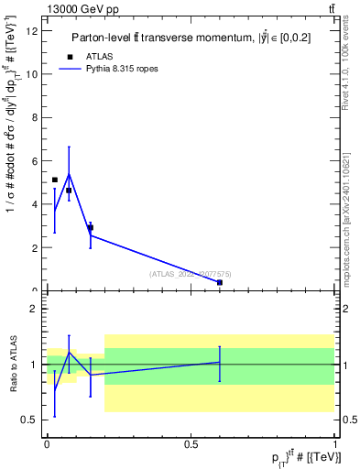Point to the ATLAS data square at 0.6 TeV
[220, 283]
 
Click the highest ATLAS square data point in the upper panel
[55, 180]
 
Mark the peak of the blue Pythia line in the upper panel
[69, 173]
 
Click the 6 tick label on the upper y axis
[36, 161]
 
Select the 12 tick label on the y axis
[33, 31]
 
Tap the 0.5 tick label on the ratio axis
[30, 420]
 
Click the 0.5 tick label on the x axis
[191, 443]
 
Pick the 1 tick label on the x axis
[335, 443]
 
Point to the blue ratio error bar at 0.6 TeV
[220, 364]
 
